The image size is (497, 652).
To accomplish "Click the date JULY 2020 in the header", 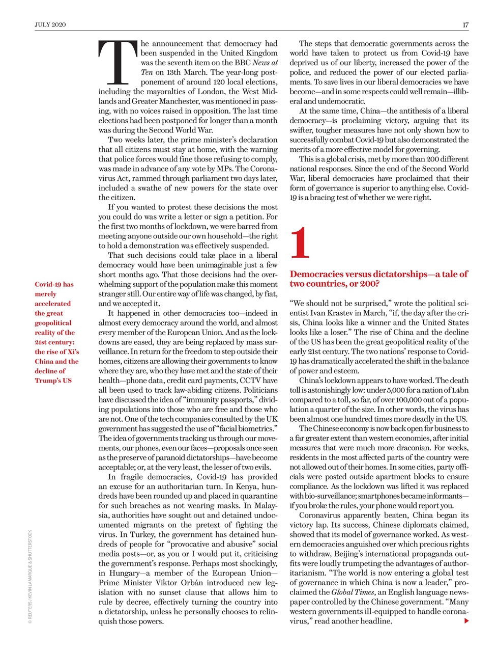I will click(x=50, y=24).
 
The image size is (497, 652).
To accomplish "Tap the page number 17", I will click(x=465, y=24).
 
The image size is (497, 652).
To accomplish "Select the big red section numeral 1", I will click(x=300, y=243).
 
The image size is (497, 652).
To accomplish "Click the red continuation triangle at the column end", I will click(x=466, y=620).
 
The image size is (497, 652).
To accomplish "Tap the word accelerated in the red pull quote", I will click(x=53, y=304).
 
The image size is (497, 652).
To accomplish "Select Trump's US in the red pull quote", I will click(x=53, y=381).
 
